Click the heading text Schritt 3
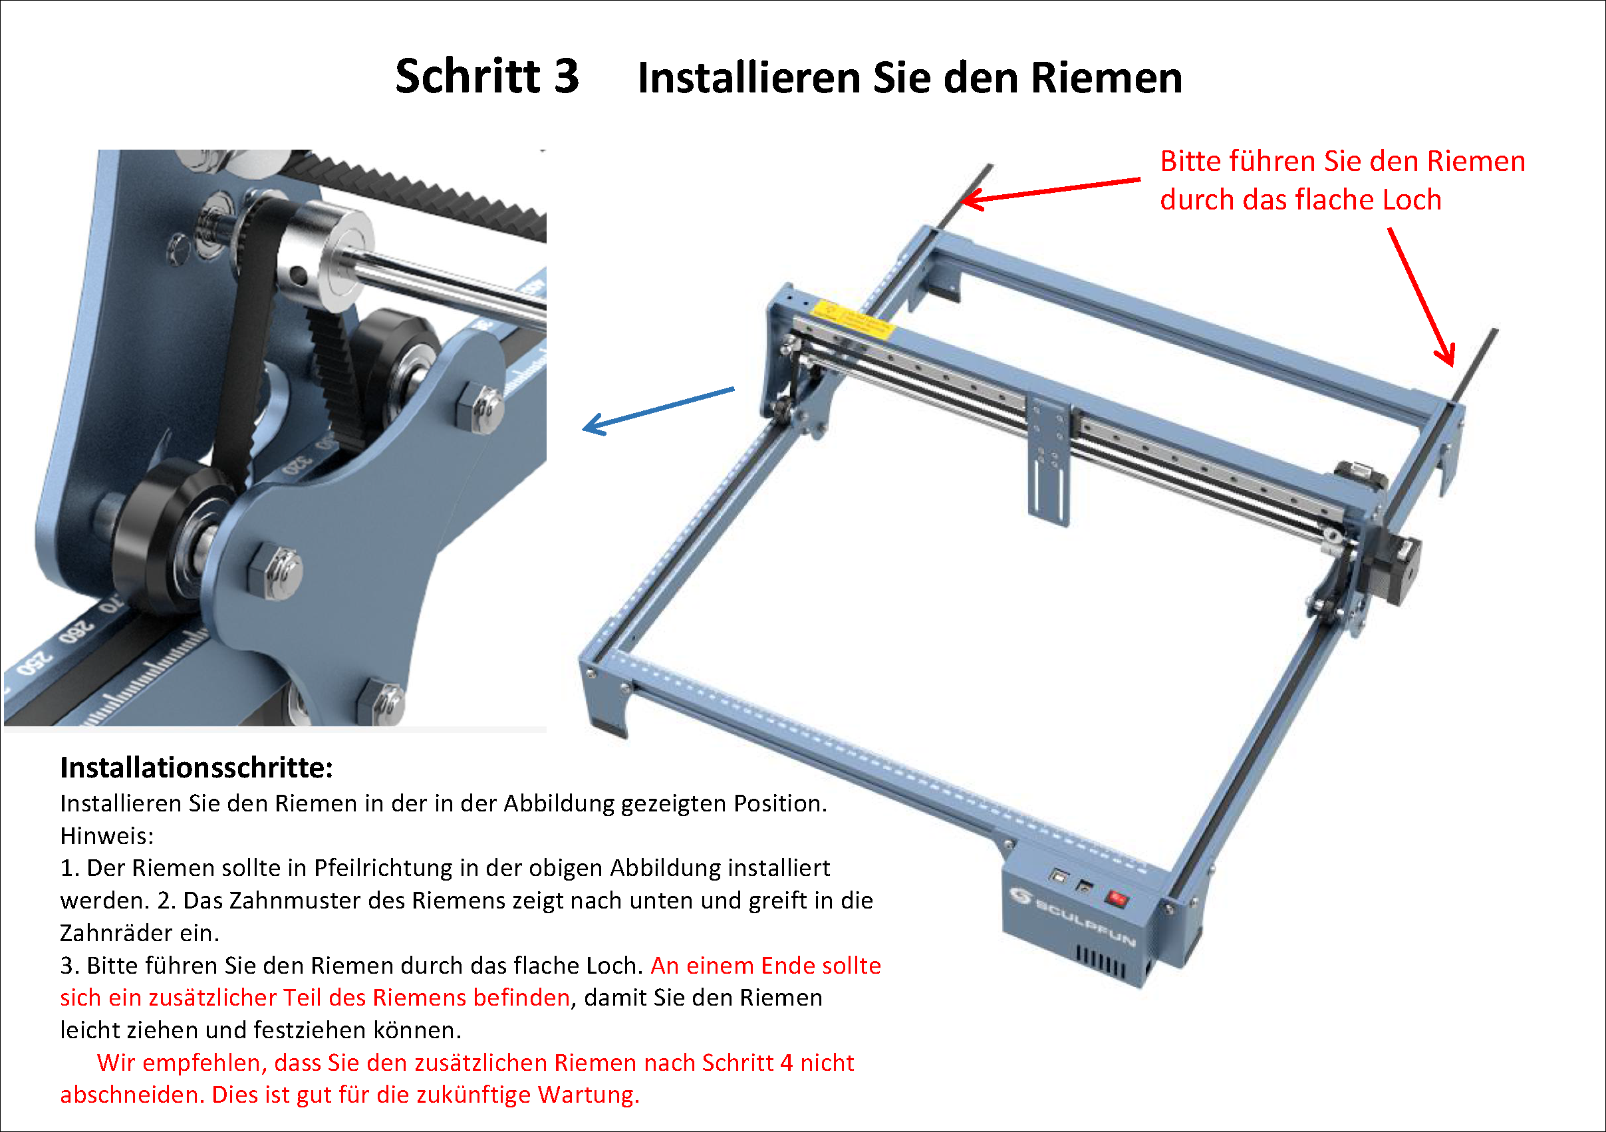click(487, 76)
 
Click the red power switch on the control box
click(1117, 899)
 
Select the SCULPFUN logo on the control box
click(1073, 914)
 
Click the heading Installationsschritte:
click(197, 768)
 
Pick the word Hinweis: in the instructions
click(107, 835)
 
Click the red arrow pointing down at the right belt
click(1422, 297)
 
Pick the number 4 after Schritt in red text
click(786, 1062)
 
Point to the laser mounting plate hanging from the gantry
click(1049, 462)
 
